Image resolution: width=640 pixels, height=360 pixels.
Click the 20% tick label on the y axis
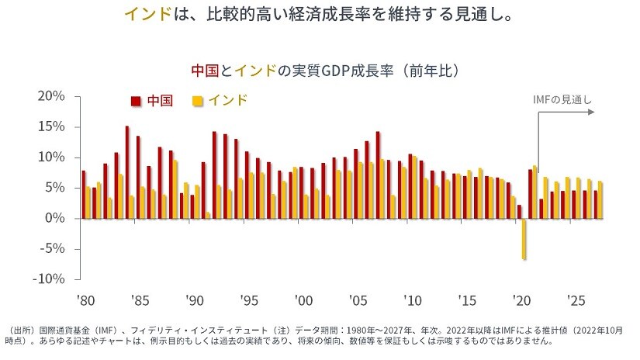click(x=50, y=96)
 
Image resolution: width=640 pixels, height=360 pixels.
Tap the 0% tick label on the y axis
click(x=54, y=219)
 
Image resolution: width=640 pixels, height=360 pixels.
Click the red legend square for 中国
click(x=136, y=101)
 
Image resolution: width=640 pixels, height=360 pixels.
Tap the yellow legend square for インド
click(x=198, y=101)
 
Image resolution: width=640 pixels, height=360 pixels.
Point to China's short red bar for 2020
click(x=520, y=212)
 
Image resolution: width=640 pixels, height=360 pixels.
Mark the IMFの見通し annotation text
click(x=562, y=99)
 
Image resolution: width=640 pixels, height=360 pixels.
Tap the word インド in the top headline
click(x=147, y=16)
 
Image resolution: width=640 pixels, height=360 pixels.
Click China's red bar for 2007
click(x=378, y=175)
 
